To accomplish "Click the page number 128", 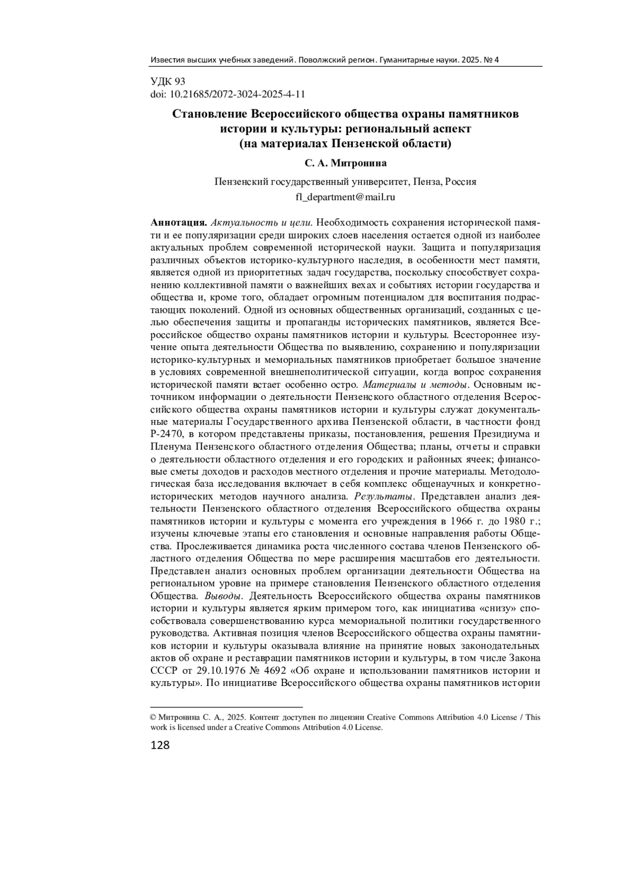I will (x=160, y=745).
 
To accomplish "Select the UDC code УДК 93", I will (x=168, y=81).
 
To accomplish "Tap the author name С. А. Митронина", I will (x=345, y=163).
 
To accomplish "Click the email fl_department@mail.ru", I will (x=345, y=198).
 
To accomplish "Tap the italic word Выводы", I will (x=223, y=596).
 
